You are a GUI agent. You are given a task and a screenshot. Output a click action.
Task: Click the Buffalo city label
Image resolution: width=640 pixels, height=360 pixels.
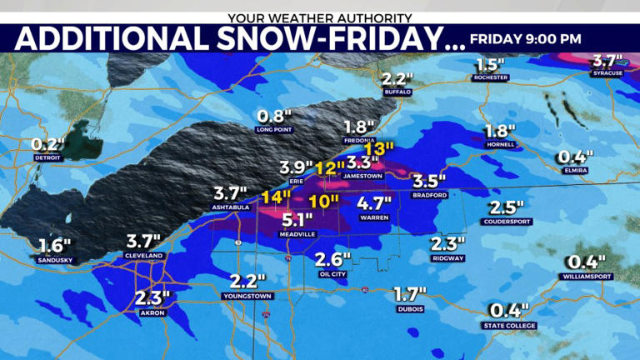[x=398, y=92]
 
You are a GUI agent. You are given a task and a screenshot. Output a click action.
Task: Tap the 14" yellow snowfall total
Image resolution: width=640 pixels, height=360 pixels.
[x=275, y=198]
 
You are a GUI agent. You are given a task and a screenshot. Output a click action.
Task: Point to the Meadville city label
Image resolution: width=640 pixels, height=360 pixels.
[x=297, y=235]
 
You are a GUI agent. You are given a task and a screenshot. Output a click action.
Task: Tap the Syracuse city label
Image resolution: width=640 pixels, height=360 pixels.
[x=607, y=73]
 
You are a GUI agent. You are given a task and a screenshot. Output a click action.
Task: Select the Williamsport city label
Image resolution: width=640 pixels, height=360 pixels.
[x=587, y=276]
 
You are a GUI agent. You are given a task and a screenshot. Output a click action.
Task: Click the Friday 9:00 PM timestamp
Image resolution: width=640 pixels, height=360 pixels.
[x=526, y=38]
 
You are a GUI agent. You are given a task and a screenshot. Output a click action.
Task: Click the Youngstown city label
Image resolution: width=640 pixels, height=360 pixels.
[x=248, y=296]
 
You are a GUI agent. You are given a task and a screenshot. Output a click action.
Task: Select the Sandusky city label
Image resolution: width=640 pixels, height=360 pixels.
[x=55, y=259]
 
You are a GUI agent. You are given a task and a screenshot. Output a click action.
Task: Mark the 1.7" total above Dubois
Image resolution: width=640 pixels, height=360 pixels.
[x=409, y=294]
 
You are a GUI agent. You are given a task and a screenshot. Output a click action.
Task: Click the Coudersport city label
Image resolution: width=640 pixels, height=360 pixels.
[x=507, y=221]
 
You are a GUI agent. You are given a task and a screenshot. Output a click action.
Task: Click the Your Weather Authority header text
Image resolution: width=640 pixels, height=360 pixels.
[x=320, y=17]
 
